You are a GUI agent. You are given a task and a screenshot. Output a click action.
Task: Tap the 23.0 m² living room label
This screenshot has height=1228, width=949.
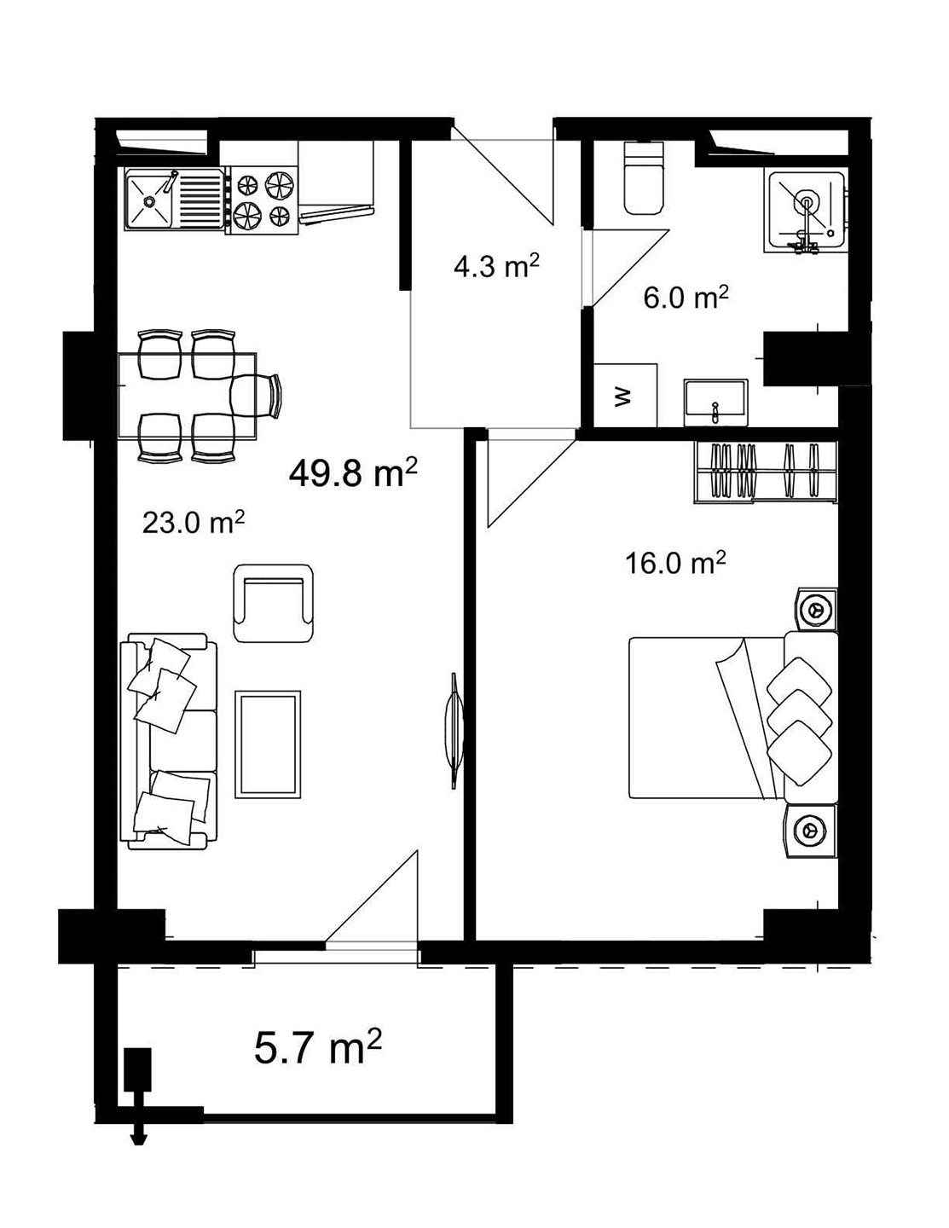tap(194, 522)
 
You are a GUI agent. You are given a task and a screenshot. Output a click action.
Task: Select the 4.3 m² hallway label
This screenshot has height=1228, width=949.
tap(496, 267)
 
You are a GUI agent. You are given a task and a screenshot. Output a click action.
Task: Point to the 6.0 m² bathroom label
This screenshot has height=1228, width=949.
tap(686, 298)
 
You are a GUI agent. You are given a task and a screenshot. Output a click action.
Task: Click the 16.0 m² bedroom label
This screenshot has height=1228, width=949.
tap(675, 563)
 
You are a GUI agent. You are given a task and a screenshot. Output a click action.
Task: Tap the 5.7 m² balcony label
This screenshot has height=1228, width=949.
tap(317, 1048)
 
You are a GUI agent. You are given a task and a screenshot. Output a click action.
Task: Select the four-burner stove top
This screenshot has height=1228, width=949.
tap(262, 200)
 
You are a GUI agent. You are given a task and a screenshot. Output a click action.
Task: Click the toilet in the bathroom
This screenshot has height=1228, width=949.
tap(644, 179)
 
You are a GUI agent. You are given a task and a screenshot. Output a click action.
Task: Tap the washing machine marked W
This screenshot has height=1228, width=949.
tap(625, 396)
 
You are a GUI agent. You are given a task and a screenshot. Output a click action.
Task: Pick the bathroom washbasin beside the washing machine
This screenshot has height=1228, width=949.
tap(715, 402)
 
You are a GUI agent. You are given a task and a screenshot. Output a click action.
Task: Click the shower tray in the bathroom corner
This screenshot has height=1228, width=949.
tap(805, 210)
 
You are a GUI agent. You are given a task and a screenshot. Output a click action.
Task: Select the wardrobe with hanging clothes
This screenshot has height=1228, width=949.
tap(766, 471)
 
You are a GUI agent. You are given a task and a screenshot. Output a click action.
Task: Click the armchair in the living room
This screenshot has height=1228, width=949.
tap(273, 604)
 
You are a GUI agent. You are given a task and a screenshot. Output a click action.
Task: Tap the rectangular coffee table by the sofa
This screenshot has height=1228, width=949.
tap(268, 743)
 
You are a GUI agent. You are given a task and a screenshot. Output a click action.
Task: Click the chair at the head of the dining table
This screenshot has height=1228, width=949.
tap(258, 397)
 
